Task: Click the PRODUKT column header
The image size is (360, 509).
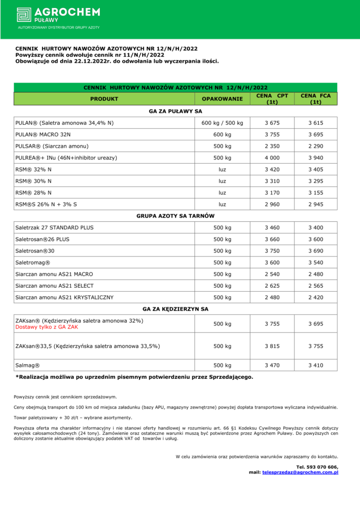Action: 104,99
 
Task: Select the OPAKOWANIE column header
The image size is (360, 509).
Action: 222,99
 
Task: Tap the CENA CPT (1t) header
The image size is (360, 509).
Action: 272,99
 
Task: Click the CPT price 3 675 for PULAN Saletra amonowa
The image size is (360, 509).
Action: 272,123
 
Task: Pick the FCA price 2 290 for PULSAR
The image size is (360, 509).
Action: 315,146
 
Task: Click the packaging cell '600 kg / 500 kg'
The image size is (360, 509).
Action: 222,123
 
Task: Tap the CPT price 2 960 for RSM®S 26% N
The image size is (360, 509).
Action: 272,204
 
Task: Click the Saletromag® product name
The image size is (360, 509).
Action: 33,262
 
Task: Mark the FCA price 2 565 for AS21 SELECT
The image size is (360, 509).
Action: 315,286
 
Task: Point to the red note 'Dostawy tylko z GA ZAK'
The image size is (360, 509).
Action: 47,328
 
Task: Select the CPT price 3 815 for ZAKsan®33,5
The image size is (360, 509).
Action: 272,346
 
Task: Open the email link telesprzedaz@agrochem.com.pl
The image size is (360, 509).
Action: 300,472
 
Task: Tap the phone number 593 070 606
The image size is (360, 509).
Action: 323,467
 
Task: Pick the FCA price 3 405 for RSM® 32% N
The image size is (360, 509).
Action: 315,170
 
